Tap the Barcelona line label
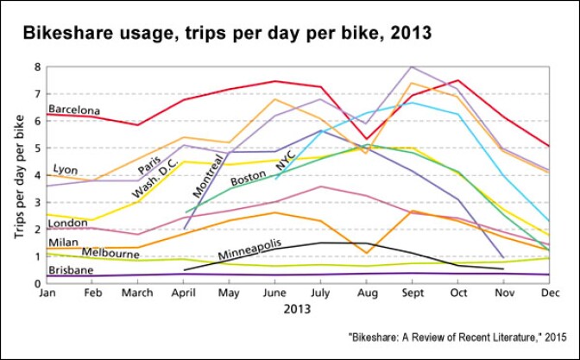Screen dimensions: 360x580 click(x=74, y=111)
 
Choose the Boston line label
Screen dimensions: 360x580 click(x=248, y=180)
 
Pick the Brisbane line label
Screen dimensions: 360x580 click(x=72, y=270)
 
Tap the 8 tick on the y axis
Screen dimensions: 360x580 click(x=37, y=66)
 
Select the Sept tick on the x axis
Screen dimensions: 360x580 click(x=413, y=294)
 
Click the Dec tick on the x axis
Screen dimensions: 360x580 click(x=548, y=294)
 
